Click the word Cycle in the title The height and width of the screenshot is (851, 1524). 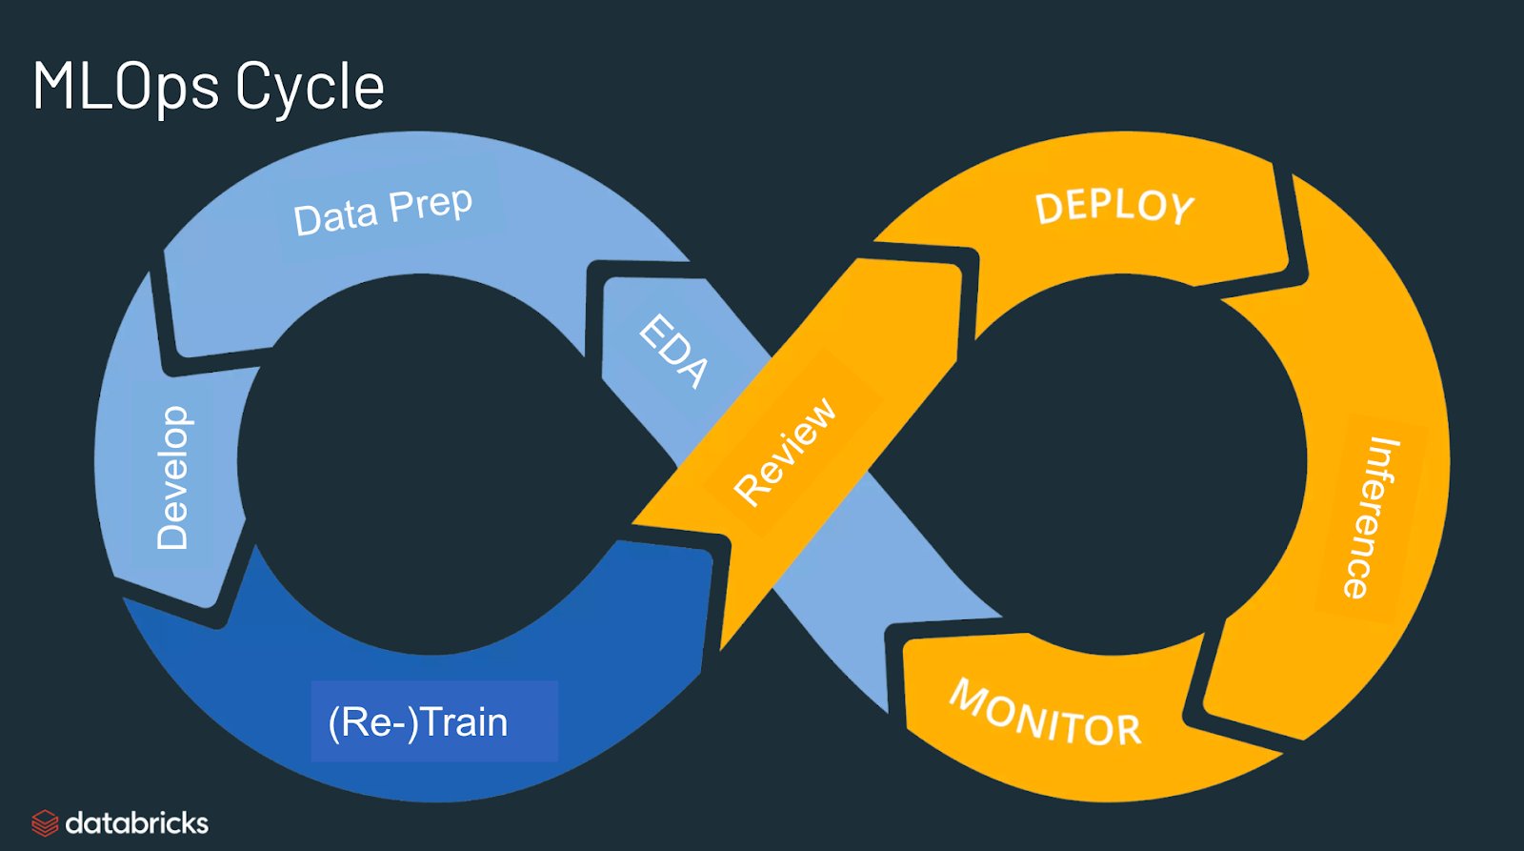coord(310,88)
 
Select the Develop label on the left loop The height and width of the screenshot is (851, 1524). coord(172,478)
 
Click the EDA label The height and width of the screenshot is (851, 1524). coord(673,351)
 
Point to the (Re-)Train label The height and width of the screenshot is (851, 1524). coord(418,722)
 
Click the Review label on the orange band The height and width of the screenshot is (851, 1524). coord(786,450)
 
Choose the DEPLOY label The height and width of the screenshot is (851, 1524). coord(1114,207)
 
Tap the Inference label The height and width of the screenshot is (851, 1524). coord(1370,517)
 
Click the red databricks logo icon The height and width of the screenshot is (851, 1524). coord(45,822)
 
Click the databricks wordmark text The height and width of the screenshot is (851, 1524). coord(136,822)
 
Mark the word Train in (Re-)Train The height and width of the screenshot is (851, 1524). coord(464,722)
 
